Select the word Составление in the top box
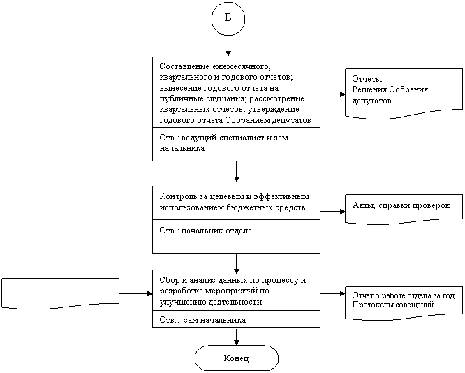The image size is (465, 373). pyautogui.click(x=183, y=66)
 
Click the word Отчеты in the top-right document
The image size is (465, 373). pyautogui.click(x=367, y=79)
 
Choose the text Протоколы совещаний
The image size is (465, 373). pyautogui.click(x=393, y=305)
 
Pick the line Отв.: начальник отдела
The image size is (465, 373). pyautogui.click(x=206, y=231)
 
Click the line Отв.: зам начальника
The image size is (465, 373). pyautogui.click(x=202, y=320)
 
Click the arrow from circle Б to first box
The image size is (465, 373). pyautogui.click(x=228, y=45)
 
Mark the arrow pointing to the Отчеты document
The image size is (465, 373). pyautogui.click(x=333, y=94)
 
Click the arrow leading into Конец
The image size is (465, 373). pyautogui.click(x=237, y=336)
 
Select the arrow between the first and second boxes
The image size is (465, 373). pyautogui.click(x=237, y=171)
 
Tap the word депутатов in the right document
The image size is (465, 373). pyautogui.click(x=371, y=101)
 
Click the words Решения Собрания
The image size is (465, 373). pyautogui.click(x=390, y=89)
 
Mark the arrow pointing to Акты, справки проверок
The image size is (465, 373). pyautogui.click(x=333, y=212)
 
